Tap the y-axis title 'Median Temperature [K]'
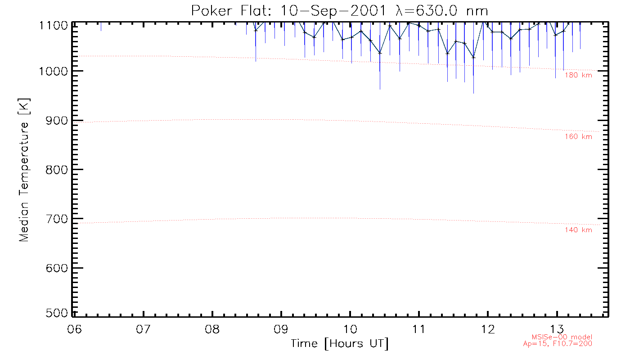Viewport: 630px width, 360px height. (24, 170)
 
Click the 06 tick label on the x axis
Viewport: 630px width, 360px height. (74, 327)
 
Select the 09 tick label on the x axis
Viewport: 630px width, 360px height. (281, 327)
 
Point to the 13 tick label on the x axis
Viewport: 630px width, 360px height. (557, 327)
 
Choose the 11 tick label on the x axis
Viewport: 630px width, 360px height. (419, 327)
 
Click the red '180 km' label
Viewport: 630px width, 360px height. (578, 75)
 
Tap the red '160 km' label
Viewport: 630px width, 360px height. (578, 137)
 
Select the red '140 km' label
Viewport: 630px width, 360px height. (578, 230)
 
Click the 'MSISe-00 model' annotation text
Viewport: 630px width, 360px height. (562, 337)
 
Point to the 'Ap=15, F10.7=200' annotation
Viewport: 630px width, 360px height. (562, 344)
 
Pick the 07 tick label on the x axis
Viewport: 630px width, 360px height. (143, 327)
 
